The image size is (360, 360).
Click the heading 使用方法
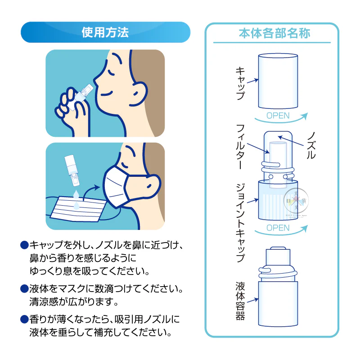pyautogui.click(x=105, y=32)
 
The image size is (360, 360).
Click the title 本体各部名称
pyautogui.click(x=274, y=33)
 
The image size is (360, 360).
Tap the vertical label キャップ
pyautogui.click(x=240, y=83)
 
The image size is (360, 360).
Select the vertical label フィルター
pyautogui.click(x=240, y=147)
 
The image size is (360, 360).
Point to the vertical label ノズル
pyautogui.click(x=311, y=145)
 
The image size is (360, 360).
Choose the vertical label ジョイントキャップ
pyautogui.click(x=240, y=223)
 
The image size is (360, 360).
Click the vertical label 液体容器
pyautogui.click(x=240, y=301)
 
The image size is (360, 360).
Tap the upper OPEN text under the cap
pyautogui.click(x=278, y=116)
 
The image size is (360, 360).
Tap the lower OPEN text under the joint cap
pyautogui.click(x=278, y=228)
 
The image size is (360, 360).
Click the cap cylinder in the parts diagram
pyautogui.click(x=278, y=81)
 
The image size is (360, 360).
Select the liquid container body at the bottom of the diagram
pyautogui.click(x=278, y=303)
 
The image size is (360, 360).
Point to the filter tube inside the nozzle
pyautogui.click(x=278, y=165)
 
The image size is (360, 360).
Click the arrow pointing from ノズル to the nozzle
pyautogui.click(x=291, y=141)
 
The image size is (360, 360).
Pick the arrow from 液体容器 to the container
pyautogui.click(x=252, y=300)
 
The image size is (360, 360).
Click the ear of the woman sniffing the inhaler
pyautogui.click(x=138, y=94)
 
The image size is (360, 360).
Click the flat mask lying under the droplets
pyautogui.click(x=78, y=209)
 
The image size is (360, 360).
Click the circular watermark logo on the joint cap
pyautogui.click(x=296, y=201)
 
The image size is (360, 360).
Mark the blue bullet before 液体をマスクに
pyautogui.click(x=24, y=288)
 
